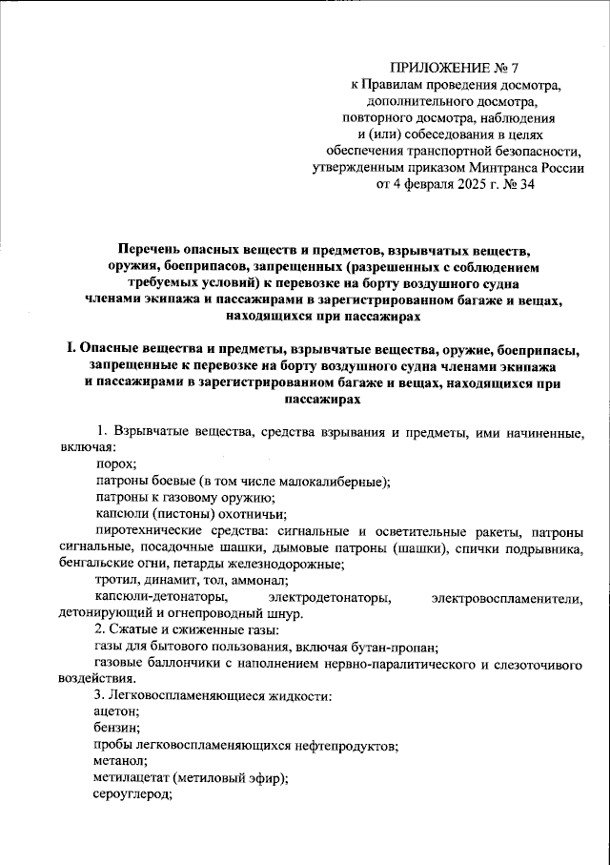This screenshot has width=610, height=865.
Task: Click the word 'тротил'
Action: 116,580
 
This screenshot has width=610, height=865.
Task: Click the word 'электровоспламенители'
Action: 507,597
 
